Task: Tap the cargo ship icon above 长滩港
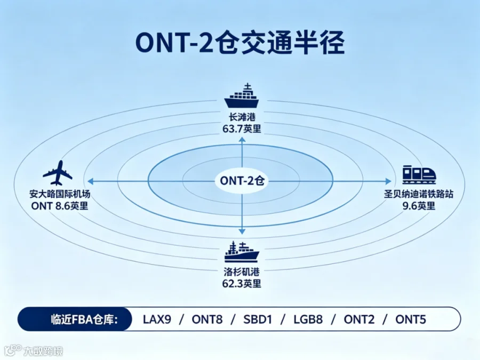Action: [242, 95]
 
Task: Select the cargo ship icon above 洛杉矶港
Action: [242, 252]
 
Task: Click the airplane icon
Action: [58, 173]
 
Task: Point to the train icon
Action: [419, 174]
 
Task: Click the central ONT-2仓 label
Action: [242, 181]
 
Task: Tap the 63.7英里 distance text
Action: [242, 129]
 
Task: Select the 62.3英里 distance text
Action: [242, 284]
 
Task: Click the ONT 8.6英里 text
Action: [60, 206]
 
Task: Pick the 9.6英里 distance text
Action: [419, 206]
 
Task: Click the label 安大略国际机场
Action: [60, 194]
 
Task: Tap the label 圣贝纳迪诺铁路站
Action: [419, 194]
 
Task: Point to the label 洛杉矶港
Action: [242, 272]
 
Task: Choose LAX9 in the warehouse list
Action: [157, 319]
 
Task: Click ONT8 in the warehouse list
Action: [207, 319]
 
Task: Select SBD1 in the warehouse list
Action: [258, 319]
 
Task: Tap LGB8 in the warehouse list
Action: [308, 319]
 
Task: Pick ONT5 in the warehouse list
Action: [411, 319]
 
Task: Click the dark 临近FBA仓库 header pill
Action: [75, 319]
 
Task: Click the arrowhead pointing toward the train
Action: [388, 181]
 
